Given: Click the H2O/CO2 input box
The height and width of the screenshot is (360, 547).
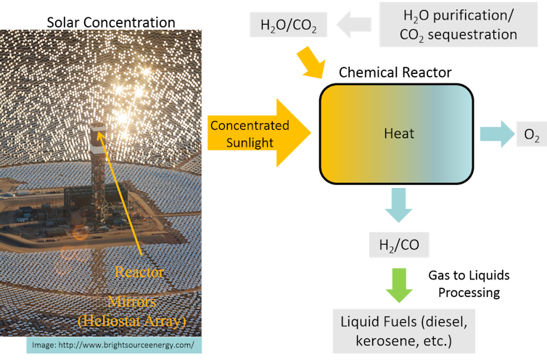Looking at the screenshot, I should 288,26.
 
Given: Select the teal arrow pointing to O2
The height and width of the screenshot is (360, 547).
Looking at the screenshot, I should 495,134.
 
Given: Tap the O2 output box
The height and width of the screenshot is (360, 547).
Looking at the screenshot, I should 531,135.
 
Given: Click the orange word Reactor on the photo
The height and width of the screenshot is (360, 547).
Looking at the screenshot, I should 140,272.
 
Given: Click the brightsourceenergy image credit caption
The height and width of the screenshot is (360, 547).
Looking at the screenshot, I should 114,345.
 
